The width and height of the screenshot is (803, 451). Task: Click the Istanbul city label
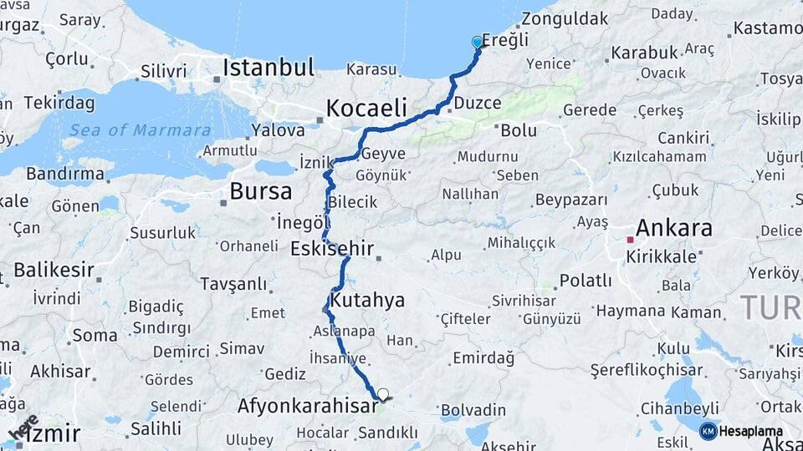tap(269, 67)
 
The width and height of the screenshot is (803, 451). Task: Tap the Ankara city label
tap(674, 228)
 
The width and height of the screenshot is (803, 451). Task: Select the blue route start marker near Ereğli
tap(477, 42)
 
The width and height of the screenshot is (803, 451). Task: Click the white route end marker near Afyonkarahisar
tap(383, 394)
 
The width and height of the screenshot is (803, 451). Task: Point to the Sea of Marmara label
tap(141, 130)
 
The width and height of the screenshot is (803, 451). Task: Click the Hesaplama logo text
tap(752, 431)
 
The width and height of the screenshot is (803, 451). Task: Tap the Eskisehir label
tap(331, 249)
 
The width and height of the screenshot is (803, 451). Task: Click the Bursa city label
tap(261, 191)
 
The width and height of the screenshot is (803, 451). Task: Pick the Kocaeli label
tap(366, 108)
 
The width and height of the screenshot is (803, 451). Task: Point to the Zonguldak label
tap(565, 18)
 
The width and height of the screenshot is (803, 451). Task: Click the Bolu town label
tap(519, 130)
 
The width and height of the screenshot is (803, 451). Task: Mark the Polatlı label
tap(586, 281)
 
